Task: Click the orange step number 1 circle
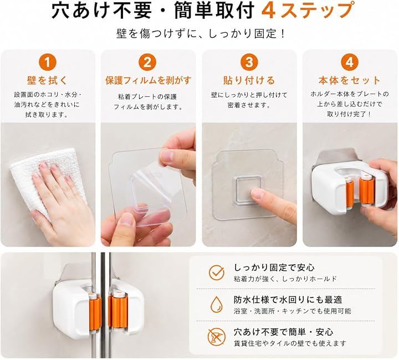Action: (47, 62)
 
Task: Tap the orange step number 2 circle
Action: (147, 62)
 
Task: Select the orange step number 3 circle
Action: (249, 62)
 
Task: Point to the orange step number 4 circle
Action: (350, 62)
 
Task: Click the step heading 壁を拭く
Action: (47, 81)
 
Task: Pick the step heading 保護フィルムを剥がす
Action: (148, 81)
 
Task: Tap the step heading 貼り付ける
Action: (249, 81)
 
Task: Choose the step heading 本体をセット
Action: (350, 81)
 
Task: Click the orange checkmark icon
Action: (217, 273)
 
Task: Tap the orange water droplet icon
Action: (217, 304)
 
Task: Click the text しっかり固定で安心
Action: (274, 268)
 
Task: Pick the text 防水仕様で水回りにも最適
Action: (288, 300)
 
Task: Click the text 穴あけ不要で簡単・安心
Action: (284, 332)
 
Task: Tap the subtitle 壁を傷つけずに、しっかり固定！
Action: (201, 34)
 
